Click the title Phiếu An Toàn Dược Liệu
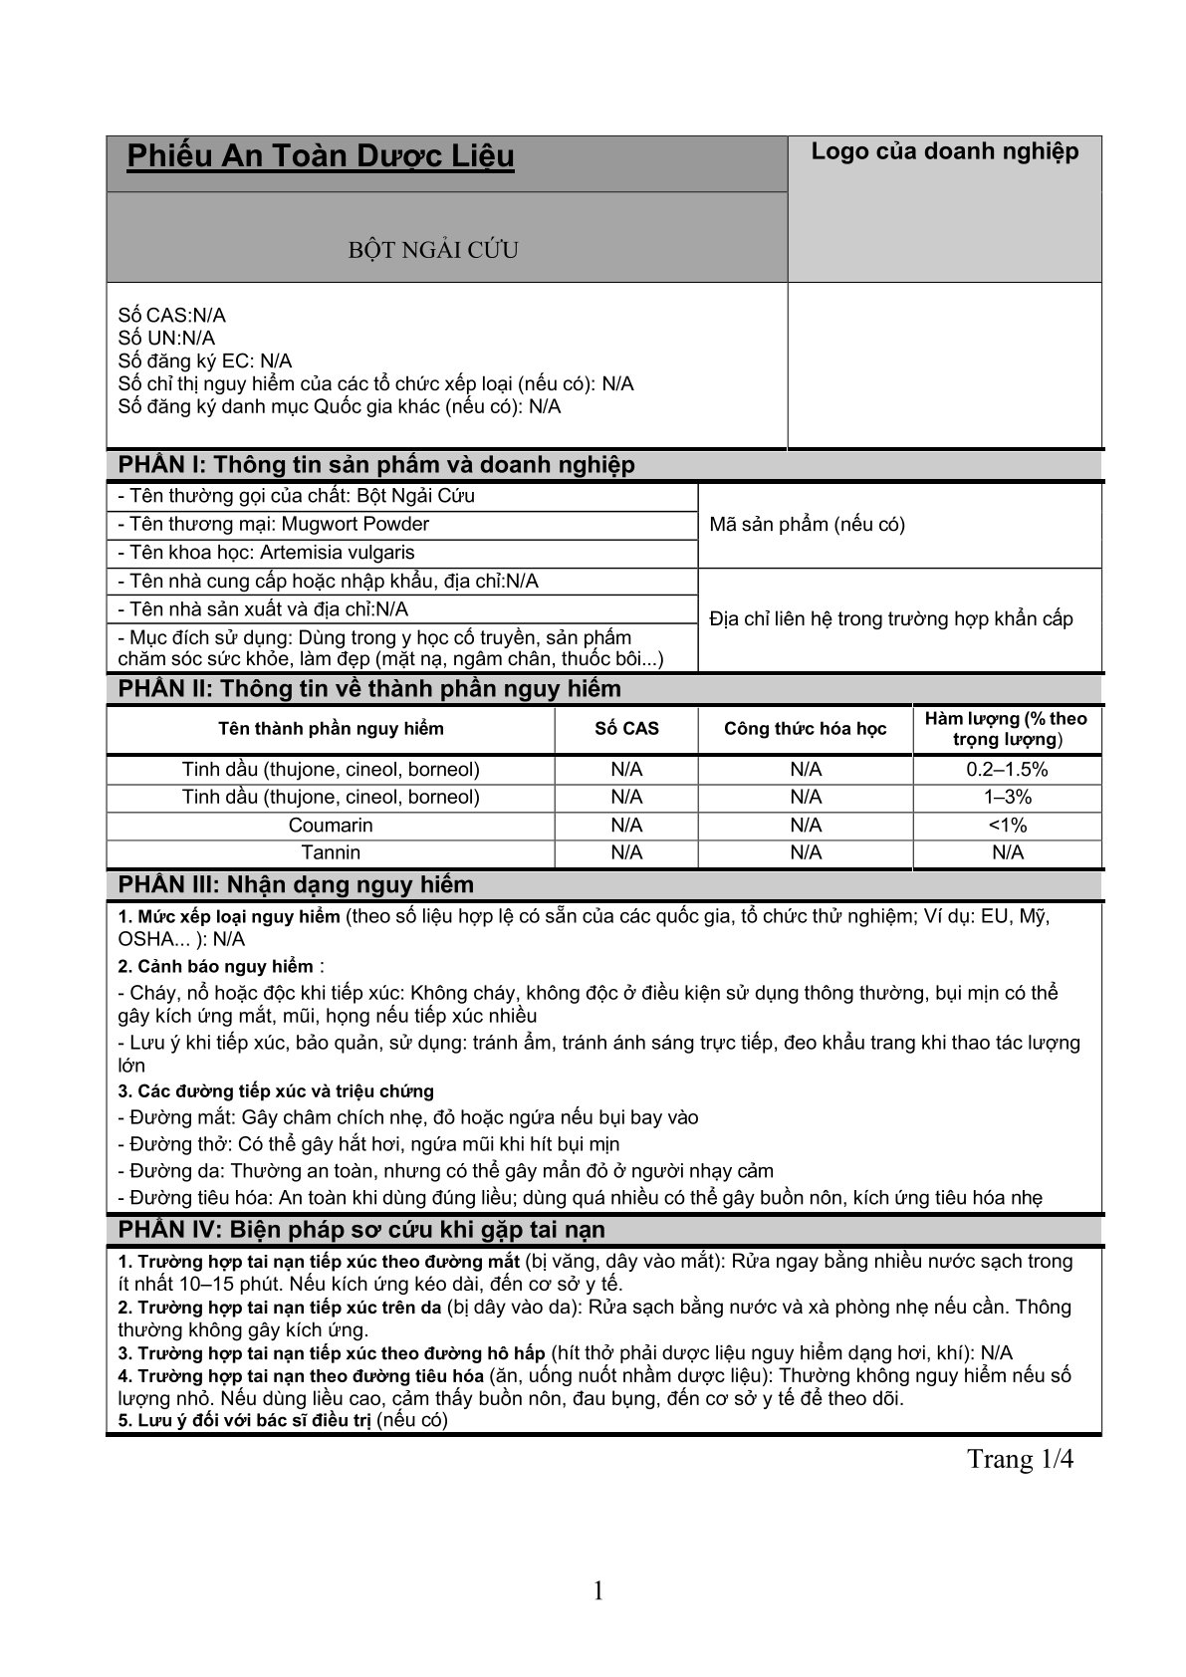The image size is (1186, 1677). (321, 157)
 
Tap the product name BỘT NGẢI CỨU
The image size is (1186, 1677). (433, 250)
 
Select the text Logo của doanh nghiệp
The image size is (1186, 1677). (944, 151)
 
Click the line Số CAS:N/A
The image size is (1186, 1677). (172, 316)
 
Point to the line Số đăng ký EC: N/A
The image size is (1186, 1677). (204, 361)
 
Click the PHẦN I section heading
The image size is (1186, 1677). (376, 465)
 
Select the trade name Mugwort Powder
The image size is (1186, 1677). (356, 524)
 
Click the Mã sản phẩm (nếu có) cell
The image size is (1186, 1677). (807, 525)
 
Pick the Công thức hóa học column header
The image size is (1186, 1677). (805, 729)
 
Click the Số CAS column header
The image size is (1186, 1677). (626, 729)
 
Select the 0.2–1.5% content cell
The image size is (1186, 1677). (1007, 770)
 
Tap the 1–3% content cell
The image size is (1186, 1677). (1007, 798)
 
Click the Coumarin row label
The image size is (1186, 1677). (331, 826)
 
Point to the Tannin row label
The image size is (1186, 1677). (331, 853)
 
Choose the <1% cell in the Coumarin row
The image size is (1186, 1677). (1007, 826)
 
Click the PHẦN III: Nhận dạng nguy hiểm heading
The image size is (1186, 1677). (296, 885)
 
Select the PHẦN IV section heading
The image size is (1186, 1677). (361, 1230)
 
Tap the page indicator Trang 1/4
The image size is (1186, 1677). (1020, 1460)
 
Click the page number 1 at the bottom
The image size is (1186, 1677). (598, 1591)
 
